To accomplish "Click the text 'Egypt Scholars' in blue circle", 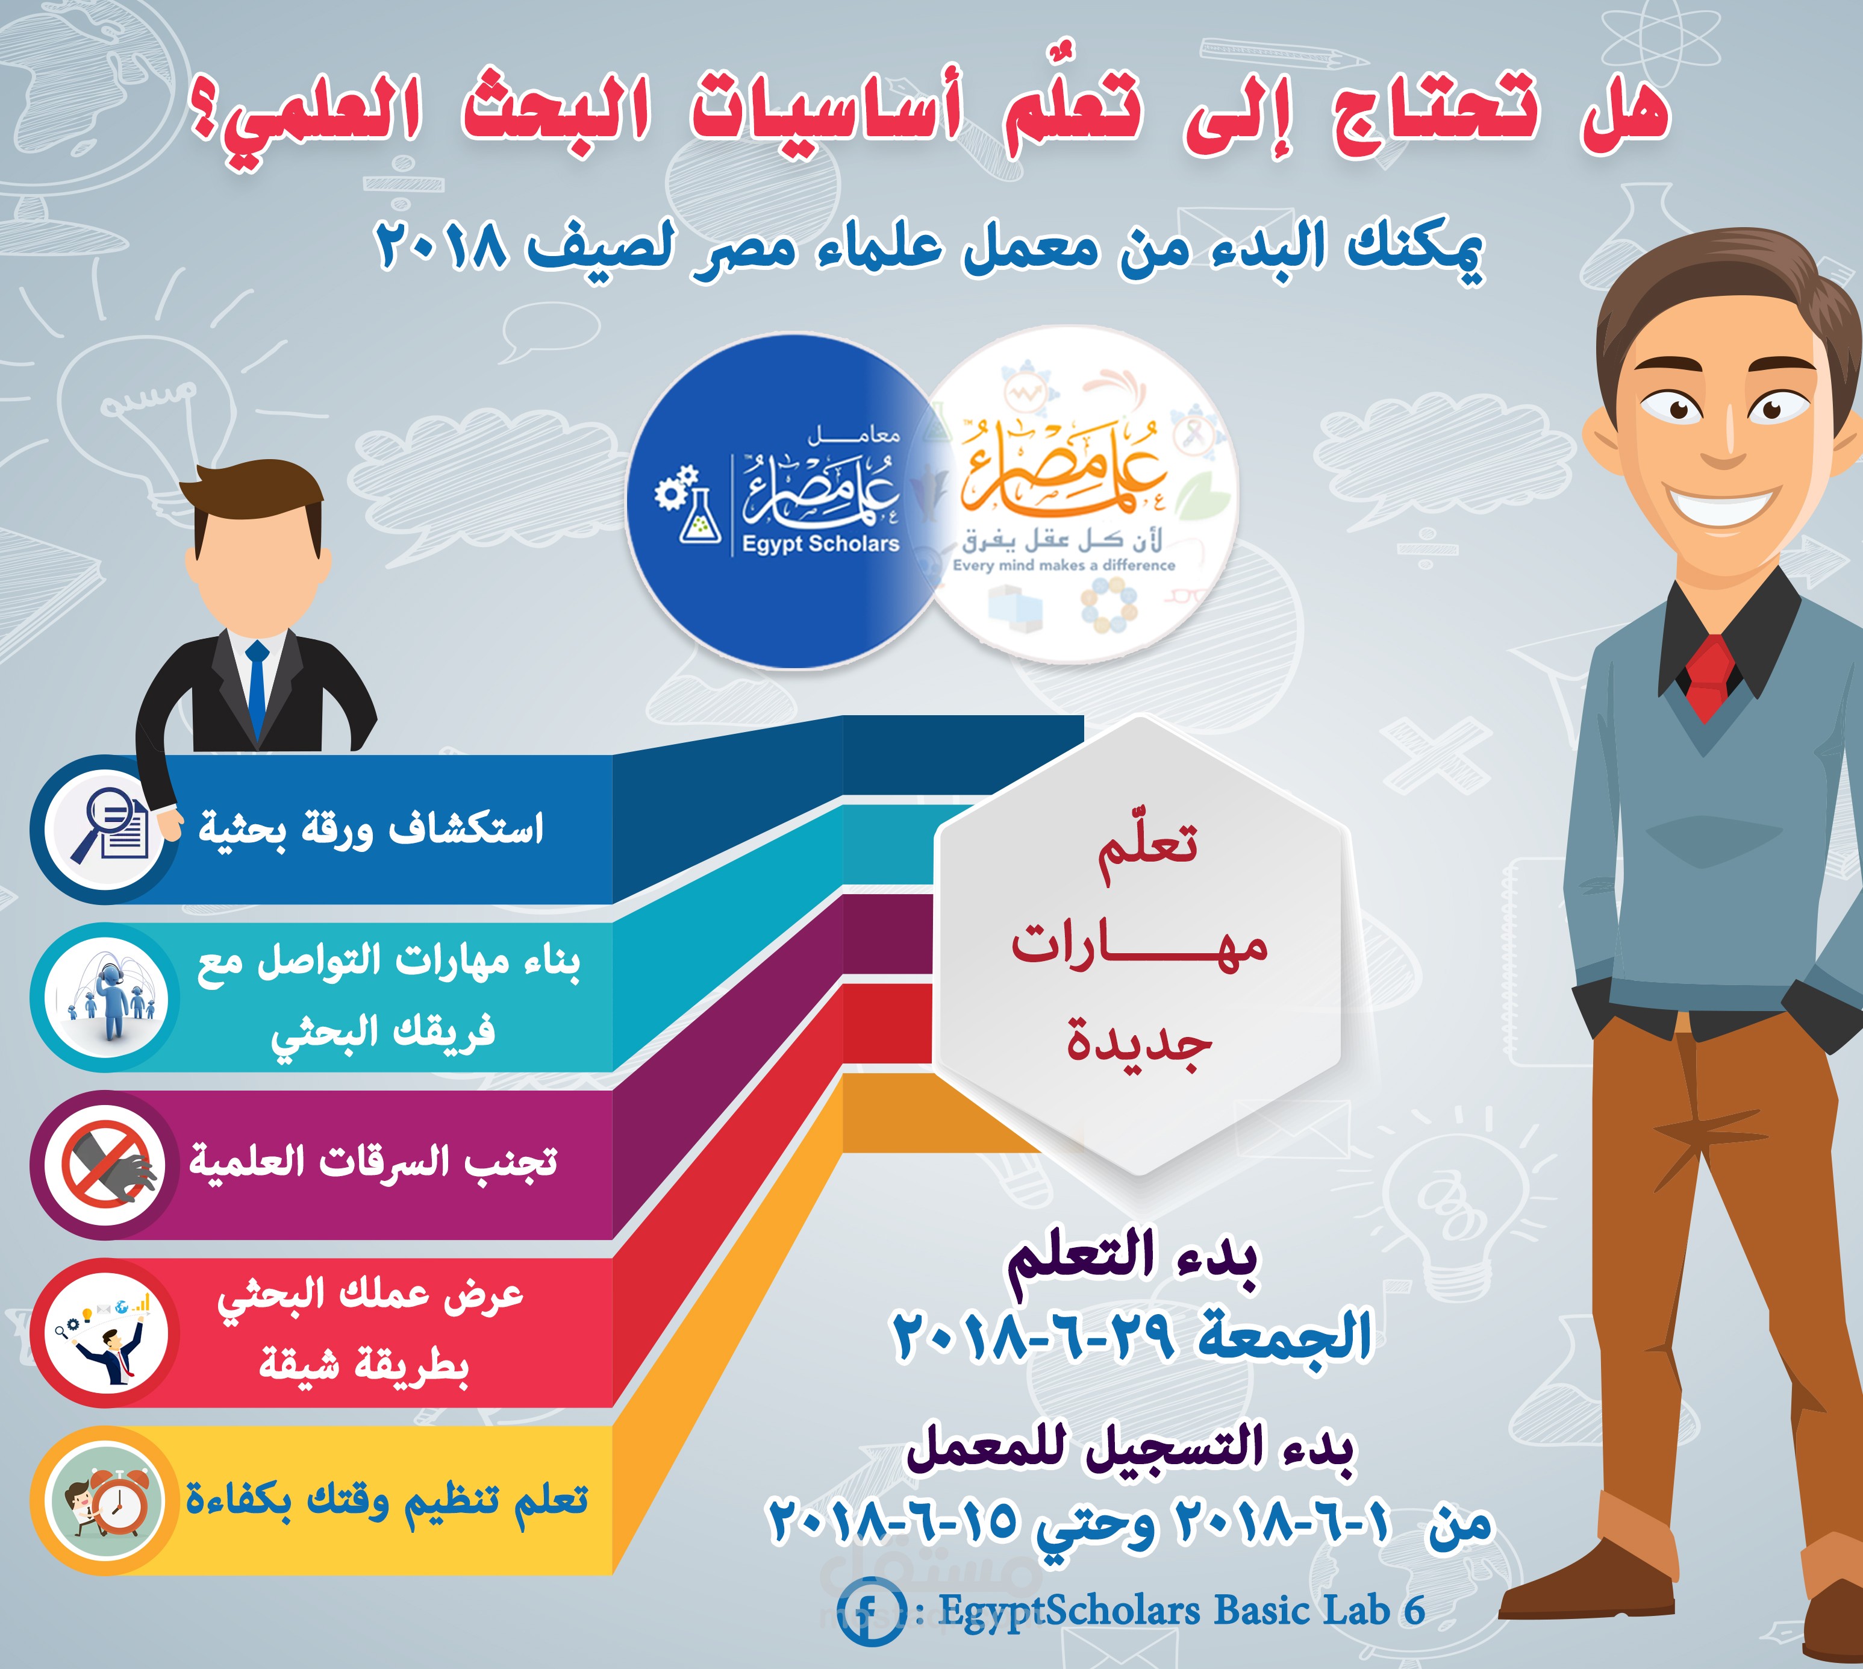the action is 820,544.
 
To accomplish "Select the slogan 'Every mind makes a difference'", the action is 1064,565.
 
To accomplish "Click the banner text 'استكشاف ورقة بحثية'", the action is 371,828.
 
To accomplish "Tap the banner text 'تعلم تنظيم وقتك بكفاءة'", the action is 387,1501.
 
